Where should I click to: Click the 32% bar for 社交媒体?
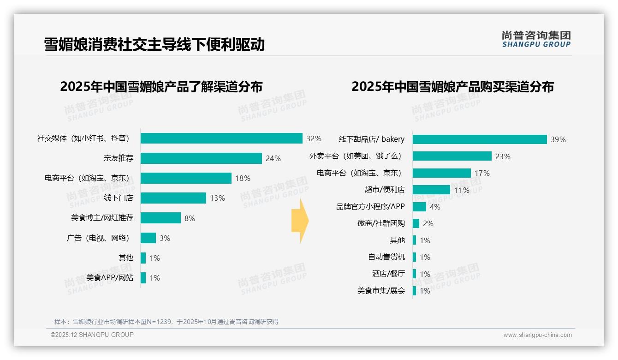coord(221,138)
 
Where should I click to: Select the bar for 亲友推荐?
coord(201,158)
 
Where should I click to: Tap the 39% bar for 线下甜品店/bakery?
coord(480,139)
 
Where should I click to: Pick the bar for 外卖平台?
coord(452,156)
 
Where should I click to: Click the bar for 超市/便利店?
coord(431,190)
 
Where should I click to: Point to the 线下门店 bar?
coord(173,198)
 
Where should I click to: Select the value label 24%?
coord(273,158)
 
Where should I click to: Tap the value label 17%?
coord(482,173)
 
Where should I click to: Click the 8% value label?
coord(190,218)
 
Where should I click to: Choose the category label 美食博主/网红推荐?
coord(102,218)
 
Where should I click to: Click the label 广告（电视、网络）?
coord(98,238)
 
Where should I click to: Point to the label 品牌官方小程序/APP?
coord(370,207)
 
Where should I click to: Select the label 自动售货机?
coord(386,257)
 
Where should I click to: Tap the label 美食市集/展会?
coord(381,291)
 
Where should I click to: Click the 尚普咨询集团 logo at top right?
coord(536,39)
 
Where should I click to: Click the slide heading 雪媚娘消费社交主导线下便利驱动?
coord(154,44)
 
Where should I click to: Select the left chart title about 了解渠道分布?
coord(161,87)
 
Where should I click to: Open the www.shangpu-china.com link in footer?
coord(537,335)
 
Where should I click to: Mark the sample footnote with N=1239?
coord(166,322)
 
